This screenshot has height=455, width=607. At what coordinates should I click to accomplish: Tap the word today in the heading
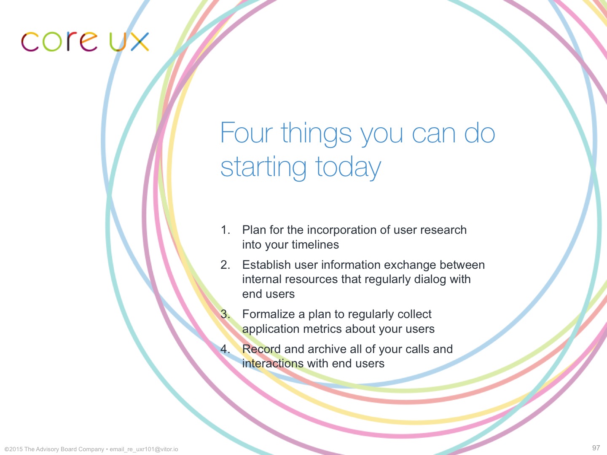coord(348,167)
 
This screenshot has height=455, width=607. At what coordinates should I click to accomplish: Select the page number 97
coord(596,447)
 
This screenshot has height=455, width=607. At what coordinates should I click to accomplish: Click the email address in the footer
coord(144,449)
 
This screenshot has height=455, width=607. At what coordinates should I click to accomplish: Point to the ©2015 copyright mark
coord(13,449)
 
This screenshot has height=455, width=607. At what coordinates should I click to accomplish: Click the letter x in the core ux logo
coord(140,42)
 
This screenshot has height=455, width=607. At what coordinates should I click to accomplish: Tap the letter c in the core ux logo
coord(30,42)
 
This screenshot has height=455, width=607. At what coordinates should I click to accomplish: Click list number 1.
coord(225,230)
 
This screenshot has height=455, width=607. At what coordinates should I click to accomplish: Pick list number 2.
coord(225,265)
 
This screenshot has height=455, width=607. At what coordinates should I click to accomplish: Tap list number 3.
coord(225,314)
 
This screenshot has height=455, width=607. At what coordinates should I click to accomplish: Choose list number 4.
coord(225,349)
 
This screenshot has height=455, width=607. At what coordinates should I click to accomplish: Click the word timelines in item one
coord(315,244)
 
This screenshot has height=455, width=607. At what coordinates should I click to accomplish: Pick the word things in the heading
coord(317,134)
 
